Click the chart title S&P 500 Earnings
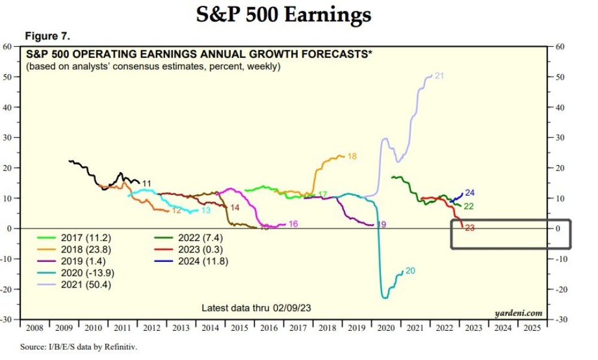pyautogui.click(x=283, y=14)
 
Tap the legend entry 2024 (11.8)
pyautogui.click(x=203, y=261)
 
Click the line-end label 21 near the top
pyautogui.click(x=439, y=76)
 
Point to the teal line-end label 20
pyautogui.click(x=410, y=271)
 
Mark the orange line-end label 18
pyautogui.click(x=352, y=156)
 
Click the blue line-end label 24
pyautogui.click(x=469, y=193)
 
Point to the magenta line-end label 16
pyautogui.click(x=293, y=224)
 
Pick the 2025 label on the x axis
pyautogui.click(x=530, y=328)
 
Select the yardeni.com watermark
pyautogui.click(x=518, y=313)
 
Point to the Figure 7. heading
pyautogui.click(x=47, y=36)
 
